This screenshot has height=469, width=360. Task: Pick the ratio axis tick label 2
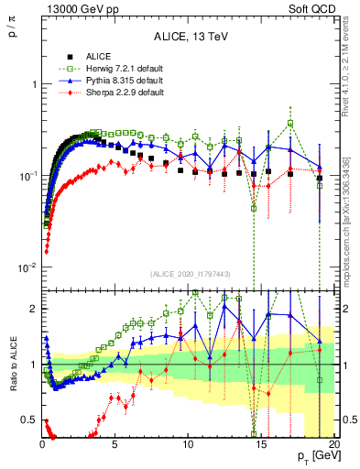pyautogui.click(x=33, y=309)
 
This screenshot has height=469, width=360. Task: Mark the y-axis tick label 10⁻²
pyautogui.click(x=27, y=267)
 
